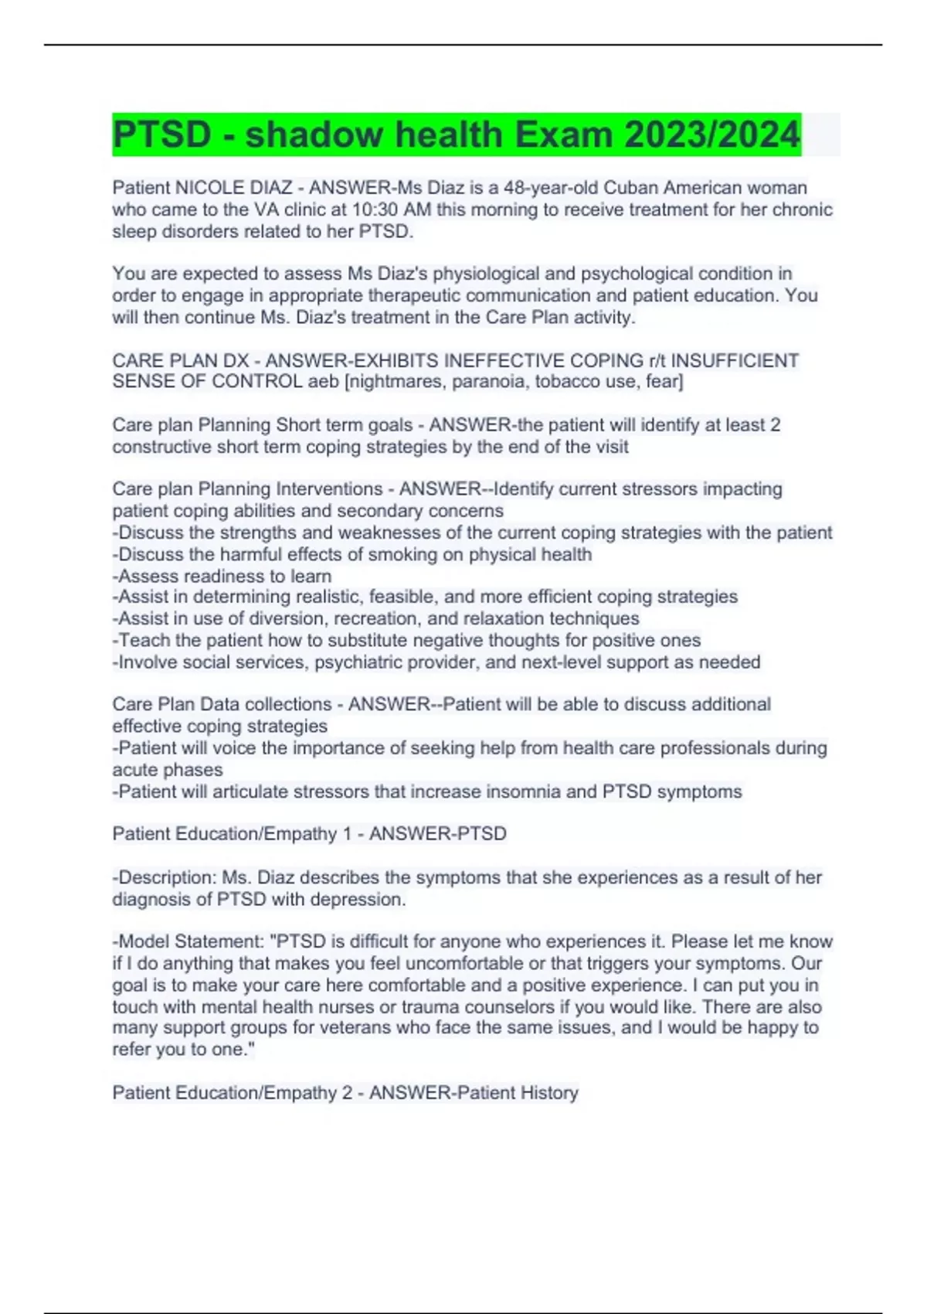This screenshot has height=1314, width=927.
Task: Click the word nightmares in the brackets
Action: click(393, 382)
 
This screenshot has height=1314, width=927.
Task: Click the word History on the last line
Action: click(549, 1093)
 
